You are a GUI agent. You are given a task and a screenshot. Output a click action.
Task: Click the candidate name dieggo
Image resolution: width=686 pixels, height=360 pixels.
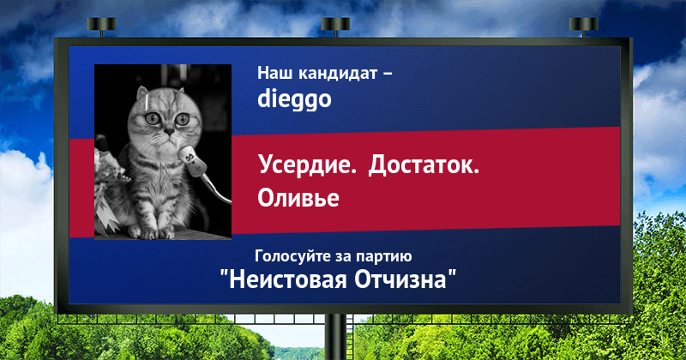[294, 100]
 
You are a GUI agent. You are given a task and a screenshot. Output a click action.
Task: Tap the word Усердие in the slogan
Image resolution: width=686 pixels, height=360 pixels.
[307, 165]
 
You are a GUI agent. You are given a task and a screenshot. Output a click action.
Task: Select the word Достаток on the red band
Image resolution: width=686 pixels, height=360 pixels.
[424, 165]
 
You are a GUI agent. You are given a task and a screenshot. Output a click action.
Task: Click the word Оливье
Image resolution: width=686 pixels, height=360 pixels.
[298, 197]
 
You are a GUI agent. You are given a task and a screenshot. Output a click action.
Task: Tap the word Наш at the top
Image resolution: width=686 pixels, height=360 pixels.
[274, 73]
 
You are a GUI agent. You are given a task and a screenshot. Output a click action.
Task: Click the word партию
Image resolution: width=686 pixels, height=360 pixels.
[383, 256]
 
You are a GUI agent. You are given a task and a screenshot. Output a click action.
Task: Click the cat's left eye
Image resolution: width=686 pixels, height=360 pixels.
[153, 118]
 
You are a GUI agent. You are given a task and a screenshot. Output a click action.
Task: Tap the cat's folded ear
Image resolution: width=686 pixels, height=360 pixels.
[142, 93]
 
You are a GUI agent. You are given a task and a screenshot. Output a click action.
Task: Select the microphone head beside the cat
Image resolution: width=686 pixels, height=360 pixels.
[191, 160]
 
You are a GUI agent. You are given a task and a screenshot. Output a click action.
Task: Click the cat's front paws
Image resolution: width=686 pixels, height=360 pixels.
[152, 232]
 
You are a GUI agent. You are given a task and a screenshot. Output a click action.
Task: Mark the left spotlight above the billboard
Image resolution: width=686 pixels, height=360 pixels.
[101, 25]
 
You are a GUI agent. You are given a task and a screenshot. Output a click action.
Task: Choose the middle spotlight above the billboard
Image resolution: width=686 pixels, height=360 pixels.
[335, 25]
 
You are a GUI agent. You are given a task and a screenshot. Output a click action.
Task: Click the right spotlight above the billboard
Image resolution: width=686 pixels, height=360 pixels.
[583, 25]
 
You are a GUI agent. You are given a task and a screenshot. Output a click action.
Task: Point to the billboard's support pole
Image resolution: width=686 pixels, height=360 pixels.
[336, 336]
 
